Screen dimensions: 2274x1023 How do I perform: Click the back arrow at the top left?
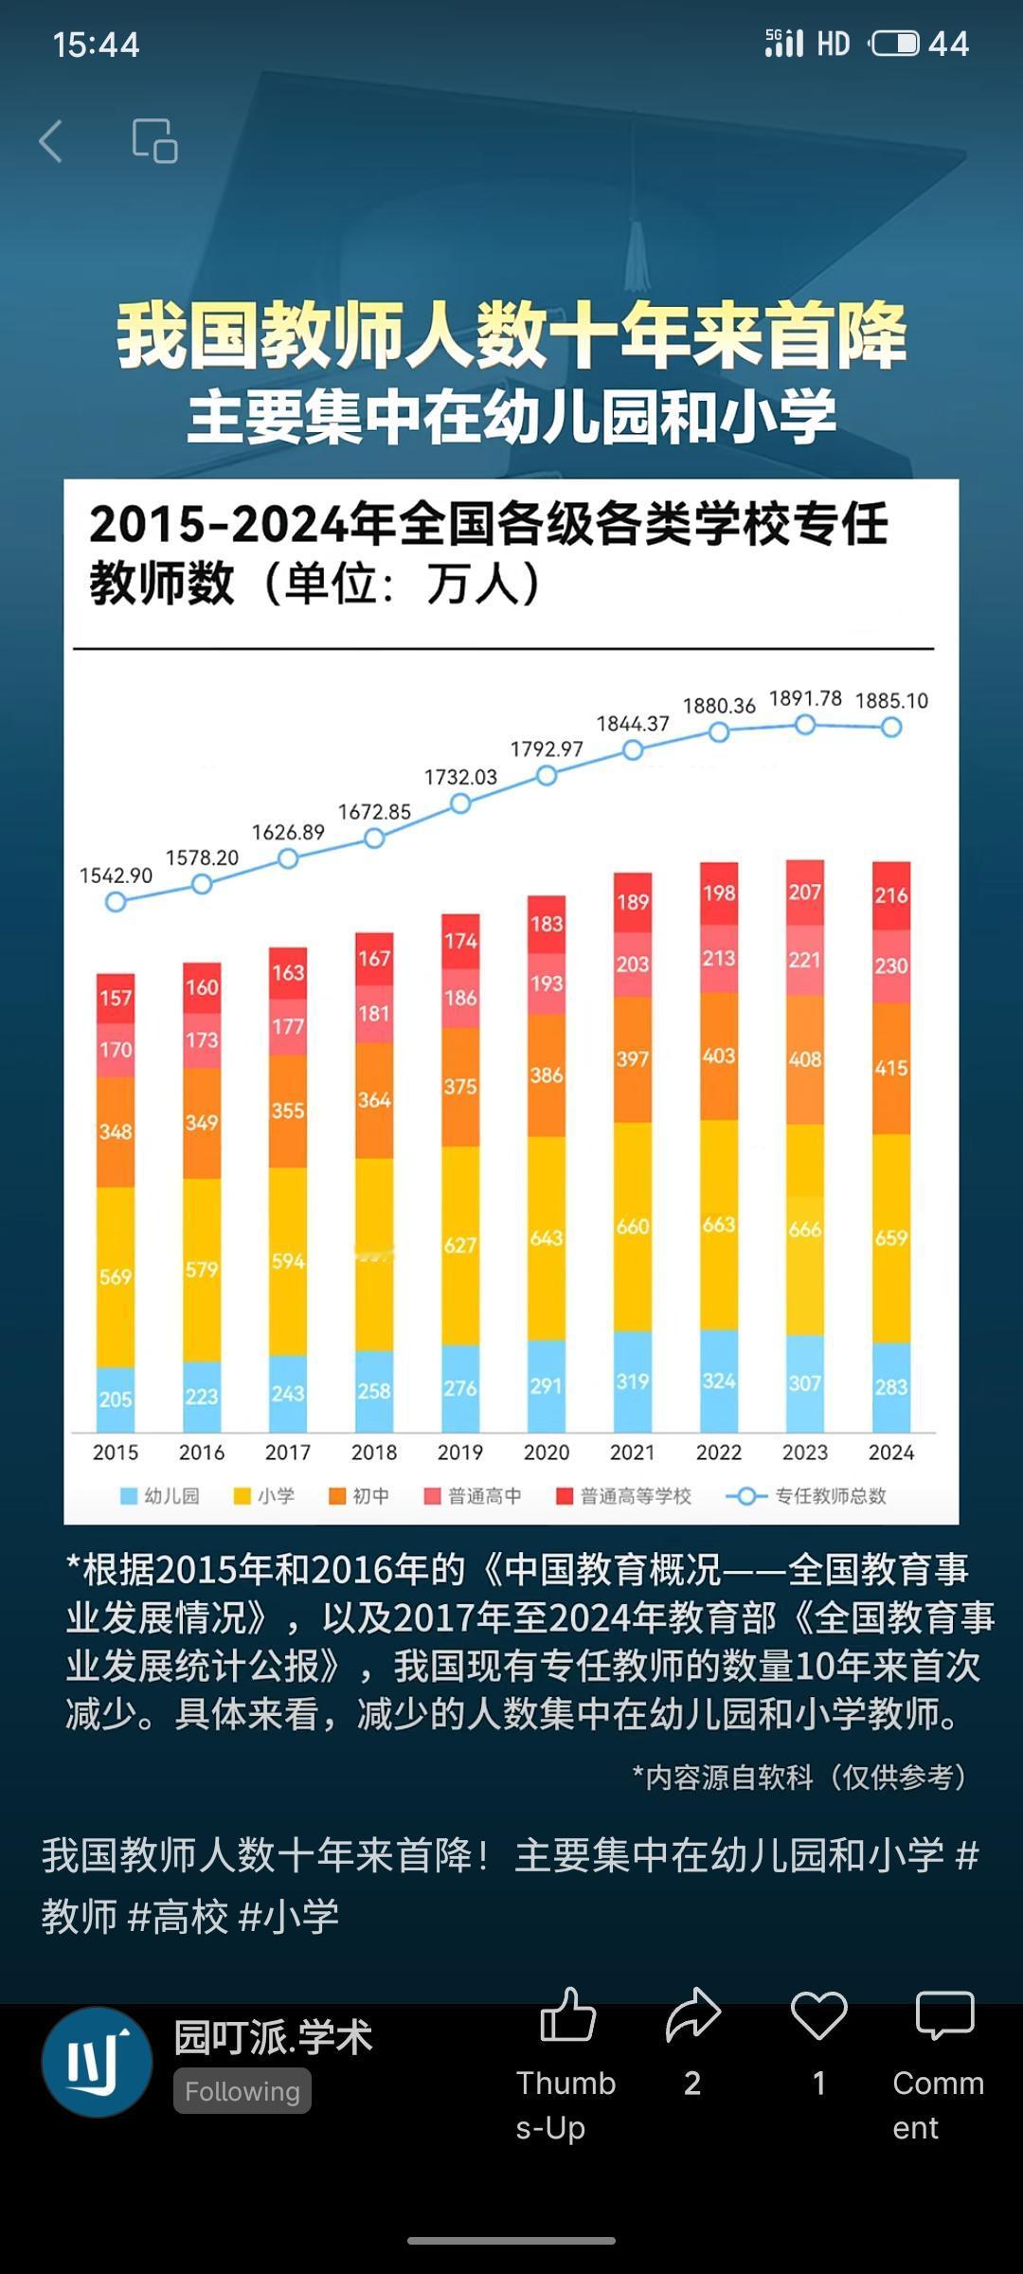tap(51, 142)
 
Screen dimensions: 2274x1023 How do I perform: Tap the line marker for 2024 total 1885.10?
tap(891, 728)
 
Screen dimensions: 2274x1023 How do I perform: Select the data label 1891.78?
tap(805, 698)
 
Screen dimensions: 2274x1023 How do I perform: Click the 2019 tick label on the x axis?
tap(459, 1453)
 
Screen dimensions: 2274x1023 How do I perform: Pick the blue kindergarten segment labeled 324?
tap(719, 1381)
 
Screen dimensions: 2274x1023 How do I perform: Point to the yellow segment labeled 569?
tap(116, 1276)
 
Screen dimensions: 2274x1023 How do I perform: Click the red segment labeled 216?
tap(891, 894)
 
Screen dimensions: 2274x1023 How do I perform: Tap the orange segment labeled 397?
tap(633, 1058)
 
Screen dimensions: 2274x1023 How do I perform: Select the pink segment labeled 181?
tap(374, 1013)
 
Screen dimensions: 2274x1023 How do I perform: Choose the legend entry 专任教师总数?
tap(807, 1496)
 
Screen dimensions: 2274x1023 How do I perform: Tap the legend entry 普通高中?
tap(473, 1496)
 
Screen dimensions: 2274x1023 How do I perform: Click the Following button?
tap(242, 2091)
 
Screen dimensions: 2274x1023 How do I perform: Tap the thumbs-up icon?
tap(567, 2015)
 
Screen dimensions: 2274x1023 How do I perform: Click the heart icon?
tap(818, 2015)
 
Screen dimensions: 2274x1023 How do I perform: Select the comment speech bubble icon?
tap(944, 2015)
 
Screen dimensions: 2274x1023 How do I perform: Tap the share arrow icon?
tap(692, 2015)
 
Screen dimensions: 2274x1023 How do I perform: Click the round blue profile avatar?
tap(97, 2063)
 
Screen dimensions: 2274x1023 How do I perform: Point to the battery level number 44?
tap(948, 44)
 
